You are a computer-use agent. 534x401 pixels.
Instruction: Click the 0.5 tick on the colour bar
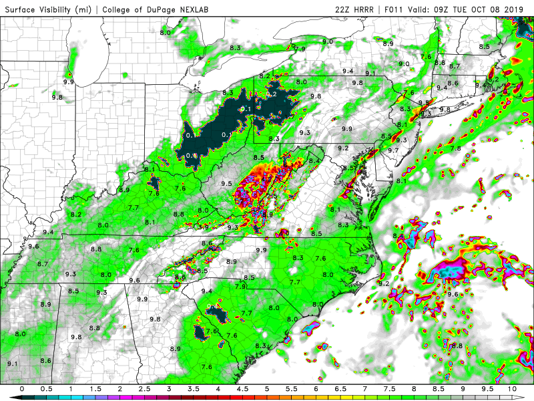[47, 389]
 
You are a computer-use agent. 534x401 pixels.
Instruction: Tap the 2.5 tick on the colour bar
[144, 389]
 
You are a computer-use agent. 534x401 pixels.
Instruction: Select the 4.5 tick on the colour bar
[242, 389]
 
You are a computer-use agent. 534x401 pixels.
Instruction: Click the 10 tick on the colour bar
[512, 389]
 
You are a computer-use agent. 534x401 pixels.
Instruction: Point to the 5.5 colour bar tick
[291, 389]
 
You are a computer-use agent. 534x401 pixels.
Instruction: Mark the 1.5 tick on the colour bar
[95, 389]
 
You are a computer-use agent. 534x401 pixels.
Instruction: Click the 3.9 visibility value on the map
[204, 227]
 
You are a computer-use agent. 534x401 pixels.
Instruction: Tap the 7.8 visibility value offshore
[456, 148]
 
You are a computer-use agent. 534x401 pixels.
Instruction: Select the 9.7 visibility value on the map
[392, 150]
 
